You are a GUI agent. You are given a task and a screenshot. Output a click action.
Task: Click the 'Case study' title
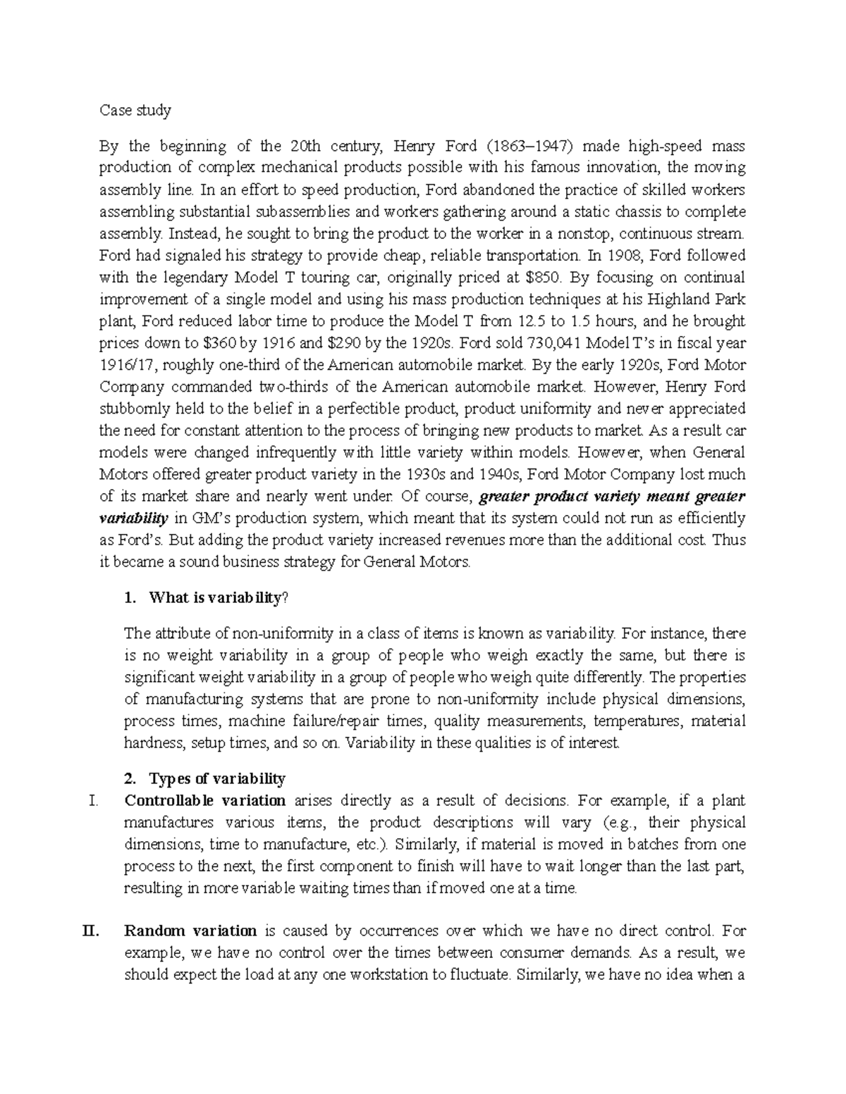(135, 111)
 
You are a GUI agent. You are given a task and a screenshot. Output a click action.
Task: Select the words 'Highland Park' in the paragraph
(705, 299)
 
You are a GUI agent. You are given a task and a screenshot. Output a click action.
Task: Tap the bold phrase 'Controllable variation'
(205, 800)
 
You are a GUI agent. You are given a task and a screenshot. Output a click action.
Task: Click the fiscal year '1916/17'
(121, 365)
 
